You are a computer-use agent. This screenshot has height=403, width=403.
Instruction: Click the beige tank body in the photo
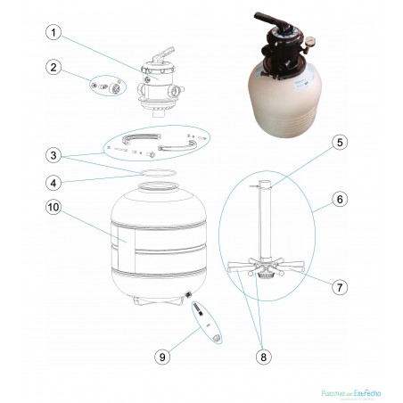click(x=285, y=89)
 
